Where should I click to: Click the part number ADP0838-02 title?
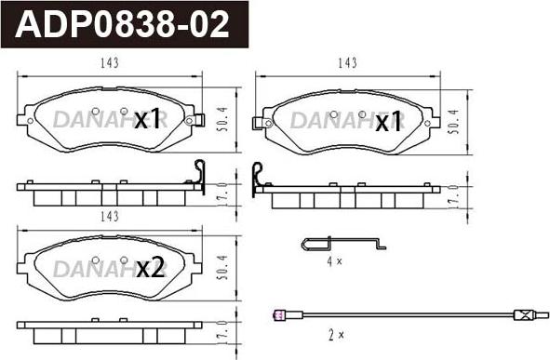pyautogui.click(x=122, y=24)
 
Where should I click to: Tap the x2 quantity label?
pyautogui.click(x=150, y=268)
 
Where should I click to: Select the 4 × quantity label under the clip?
pyautogui.click(x=334, y=261)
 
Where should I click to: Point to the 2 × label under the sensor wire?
pyautogui.click(x=336, y=336)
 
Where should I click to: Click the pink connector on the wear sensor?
pyautogui.click(x=278, y=314)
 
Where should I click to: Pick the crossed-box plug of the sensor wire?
pyautogui.click(x=523, y=314)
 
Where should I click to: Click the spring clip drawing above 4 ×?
pyautogui.click(x=343, y=244)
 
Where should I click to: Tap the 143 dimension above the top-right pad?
pyautogui.click(x=347, y=63)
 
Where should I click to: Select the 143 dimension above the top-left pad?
pyautogui.click(x=110, y=63)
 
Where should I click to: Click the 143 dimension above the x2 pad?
pyautogui.click(x=110, y=217)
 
